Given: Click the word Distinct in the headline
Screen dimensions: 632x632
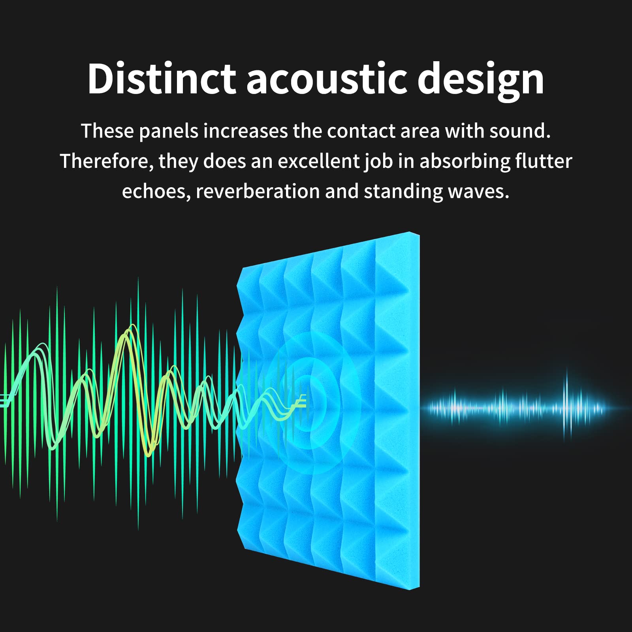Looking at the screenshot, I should pyautogui.click(x=162, y=79).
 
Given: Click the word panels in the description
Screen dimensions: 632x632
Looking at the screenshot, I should pyautogui.click(x=169, y=132).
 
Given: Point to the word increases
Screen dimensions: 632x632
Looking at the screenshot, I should pyautogui.click(x=245, y=132).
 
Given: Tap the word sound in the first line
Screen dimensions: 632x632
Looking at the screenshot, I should pyautogui.click(x=520, y=132).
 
